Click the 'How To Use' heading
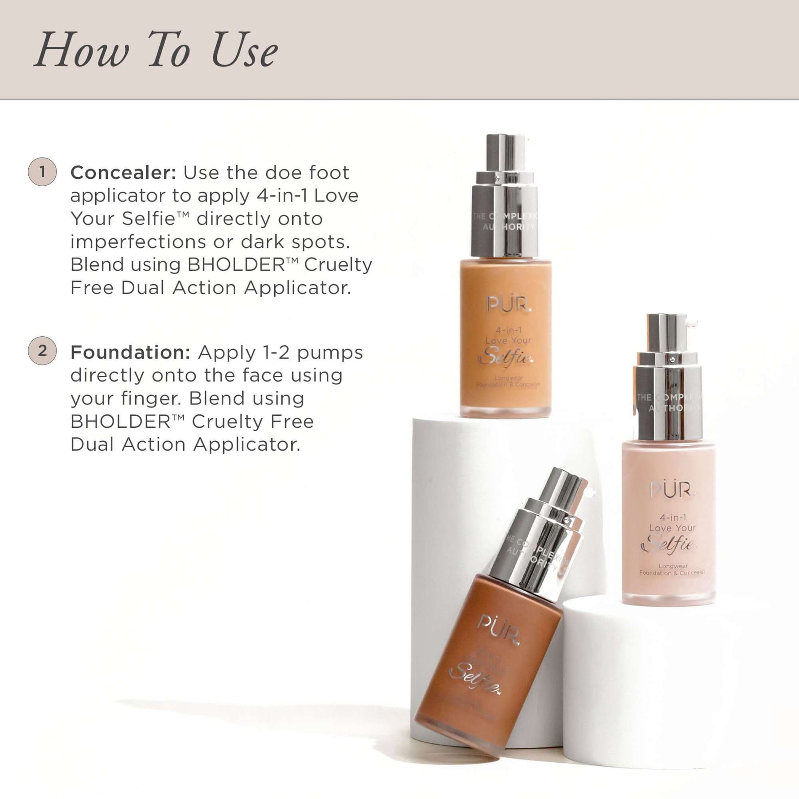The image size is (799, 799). [x=156, y=50]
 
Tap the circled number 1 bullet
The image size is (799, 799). [x=42, y=171]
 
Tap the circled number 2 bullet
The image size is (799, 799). [x=42, y=351]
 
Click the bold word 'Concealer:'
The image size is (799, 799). [x=123, y=173]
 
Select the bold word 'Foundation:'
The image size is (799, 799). [x=131, y=353]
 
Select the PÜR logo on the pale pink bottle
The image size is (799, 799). [x=672, y=490]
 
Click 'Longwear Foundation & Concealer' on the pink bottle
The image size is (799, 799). [x=672, y=570]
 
